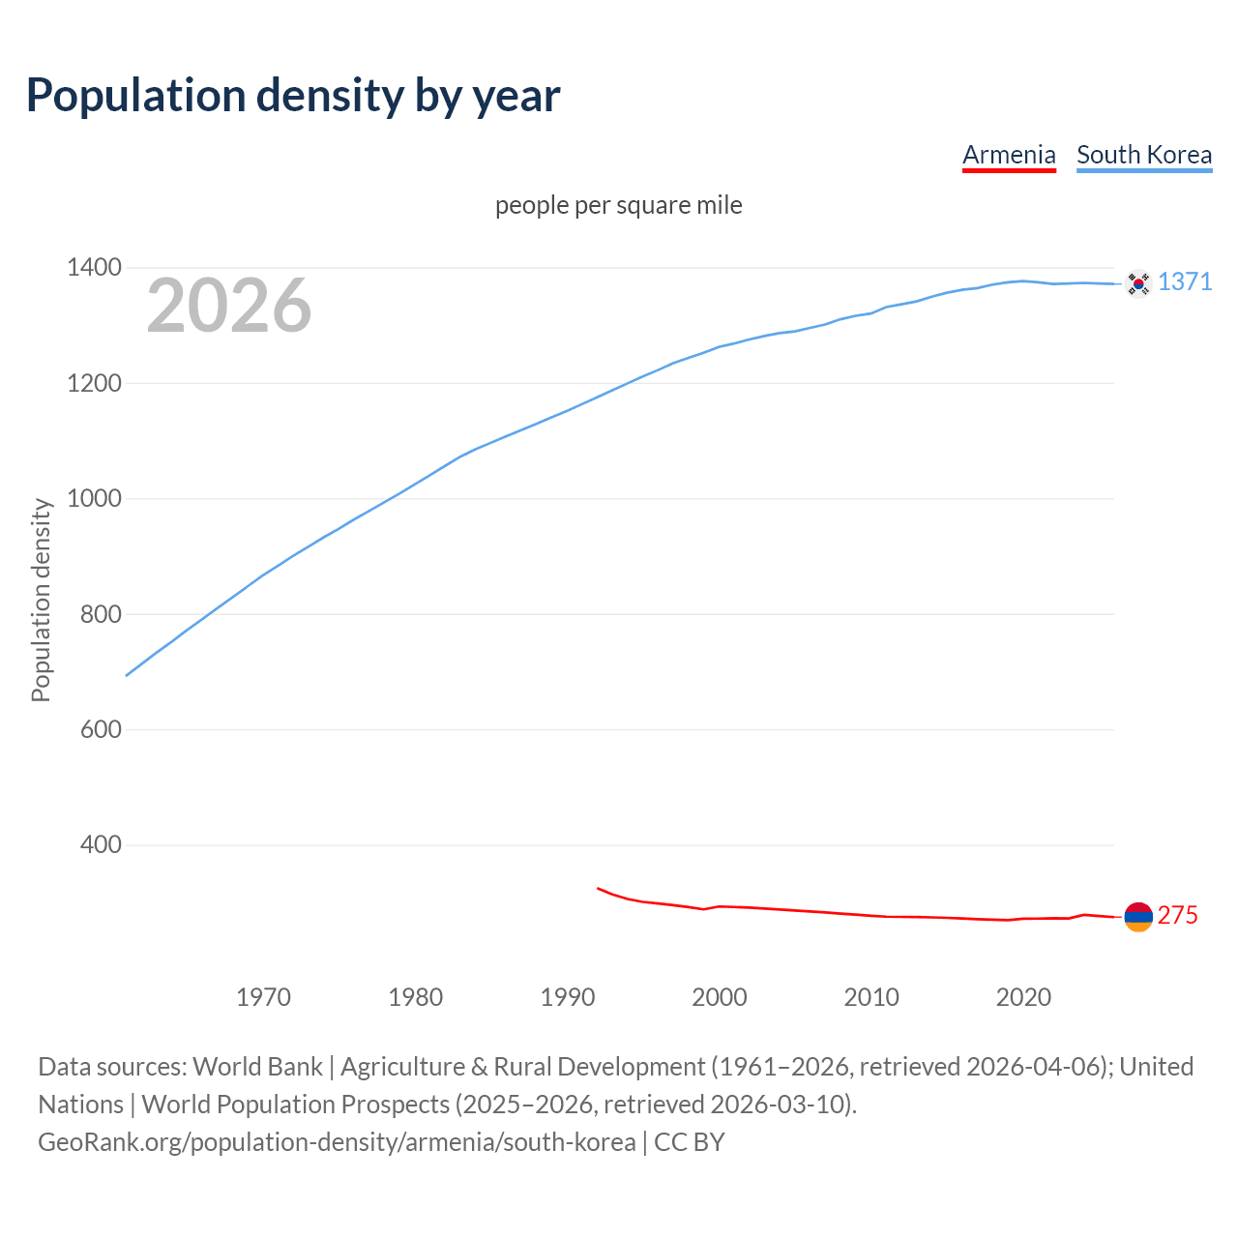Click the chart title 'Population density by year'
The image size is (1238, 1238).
pyautogui.click(x=293, y=95)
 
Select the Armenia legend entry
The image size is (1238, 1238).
pyautogui.click(x=1009, y=155)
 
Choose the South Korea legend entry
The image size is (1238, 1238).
pyautogui.click(x=1143, y=155)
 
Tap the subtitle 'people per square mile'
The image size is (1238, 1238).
pyautogui.click(x=618, y=206)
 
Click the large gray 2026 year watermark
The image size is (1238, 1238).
pyautogui.click(x=229, y=306)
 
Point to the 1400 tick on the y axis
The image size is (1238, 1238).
pyautogui.click(x=95, y=268)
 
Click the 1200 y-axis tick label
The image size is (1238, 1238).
pyautogui.click(x=95, y=384)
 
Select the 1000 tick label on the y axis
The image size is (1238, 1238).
pyautogui.click(x=95, y=499)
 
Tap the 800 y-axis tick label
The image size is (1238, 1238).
pyautogui.click(x=101, y=614)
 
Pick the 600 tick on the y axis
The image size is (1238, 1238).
pyautogui.click(x=101, y=729)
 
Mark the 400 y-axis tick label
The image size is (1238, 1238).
pyautogui.click(x=101, y=845)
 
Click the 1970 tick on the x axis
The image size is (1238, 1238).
pyautogui.click(x=263, y=997)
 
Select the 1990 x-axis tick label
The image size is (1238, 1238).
pyautogui.click(x=568, y=997)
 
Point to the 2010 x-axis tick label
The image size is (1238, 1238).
pyautogui.click(x=871, y=997)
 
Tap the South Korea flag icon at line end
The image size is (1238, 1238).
pyautogui.click(x=1138, y=283)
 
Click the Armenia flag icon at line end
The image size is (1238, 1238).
pyautogui.click(x=1138, y=916)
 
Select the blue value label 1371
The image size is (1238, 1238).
pyautogui.click(x=1185, y=281)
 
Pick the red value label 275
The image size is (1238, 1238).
pyautogui.click(x=1177, y=915)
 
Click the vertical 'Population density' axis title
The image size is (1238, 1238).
pyautogui.click(x=41, y=600)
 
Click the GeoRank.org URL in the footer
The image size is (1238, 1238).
pyautogui.click(x=337, y=1142)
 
